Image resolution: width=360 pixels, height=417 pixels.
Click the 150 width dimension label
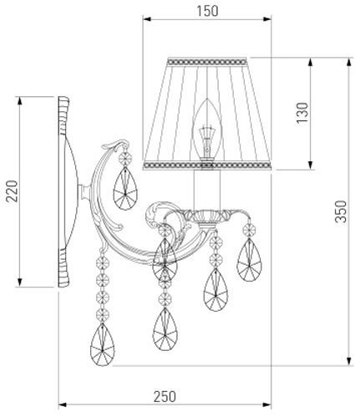click(x=207, y=11)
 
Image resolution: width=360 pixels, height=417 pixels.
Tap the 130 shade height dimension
click(x=302, y=113)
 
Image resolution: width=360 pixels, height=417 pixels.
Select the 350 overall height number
click(x=341, y=211)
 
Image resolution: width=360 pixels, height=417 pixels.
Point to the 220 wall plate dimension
click(x=12, y=191)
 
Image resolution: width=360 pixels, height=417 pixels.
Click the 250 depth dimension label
click(x=165, y=396)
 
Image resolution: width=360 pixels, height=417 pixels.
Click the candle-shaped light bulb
click(x=207, y=130)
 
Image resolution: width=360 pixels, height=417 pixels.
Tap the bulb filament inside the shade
click(x=207, y=140)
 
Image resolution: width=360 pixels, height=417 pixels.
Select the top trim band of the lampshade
click(x=207, y=62)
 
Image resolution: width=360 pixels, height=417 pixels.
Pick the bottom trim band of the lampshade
click(x=207, y=165)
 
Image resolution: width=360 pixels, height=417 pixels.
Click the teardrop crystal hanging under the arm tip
click(x=125, y=188)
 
